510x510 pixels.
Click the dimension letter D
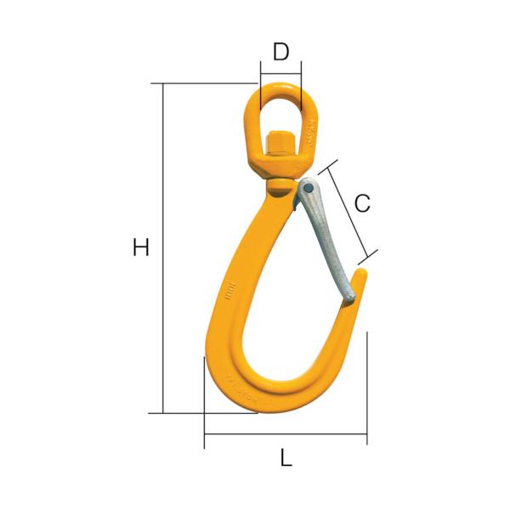coord(280,52)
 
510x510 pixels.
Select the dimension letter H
coord(141,248)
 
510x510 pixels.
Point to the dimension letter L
coord(286,458)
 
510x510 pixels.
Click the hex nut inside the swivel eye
coord(280,142)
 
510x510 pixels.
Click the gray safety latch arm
coord(327,238)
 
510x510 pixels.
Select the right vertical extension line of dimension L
coord(367,387)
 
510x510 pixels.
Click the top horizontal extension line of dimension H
coord(208,83)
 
